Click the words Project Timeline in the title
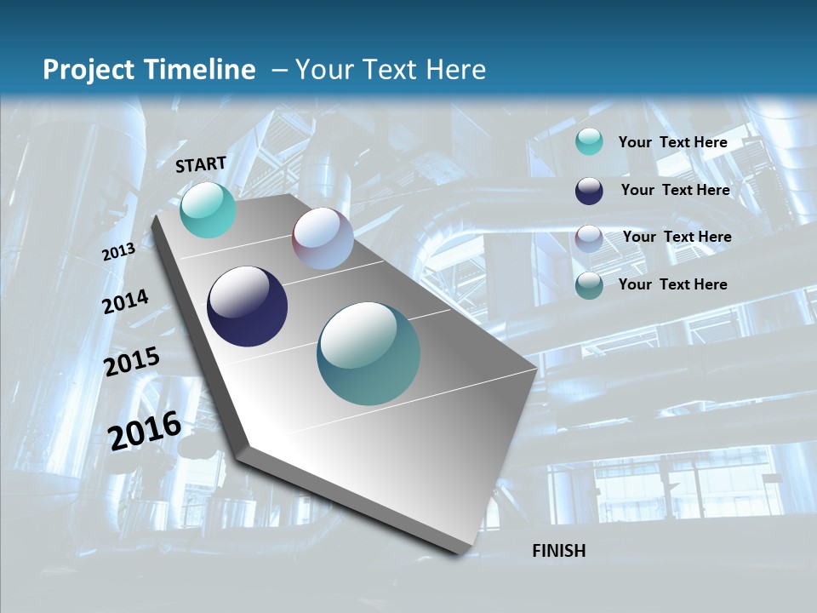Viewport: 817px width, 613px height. point(149,70)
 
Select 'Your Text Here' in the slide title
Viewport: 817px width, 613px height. point(391,70)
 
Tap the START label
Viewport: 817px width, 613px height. point(201,164)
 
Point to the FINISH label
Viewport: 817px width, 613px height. point(559,551)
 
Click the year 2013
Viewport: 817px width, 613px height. point(118,252)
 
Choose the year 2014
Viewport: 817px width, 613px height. point(126,302)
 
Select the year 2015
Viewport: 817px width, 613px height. point(132,362)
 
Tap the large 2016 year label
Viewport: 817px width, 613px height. point(145,430)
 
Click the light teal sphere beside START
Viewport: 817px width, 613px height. point(209,210)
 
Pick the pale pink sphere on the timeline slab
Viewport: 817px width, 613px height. point(323,238)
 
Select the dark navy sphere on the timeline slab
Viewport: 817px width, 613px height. point(248,306)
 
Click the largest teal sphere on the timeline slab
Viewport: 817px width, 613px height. point(369,353)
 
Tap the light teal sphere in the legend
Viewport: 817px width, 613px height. point(589,141)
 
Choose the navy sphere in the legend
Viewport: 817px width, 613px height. point(589,191)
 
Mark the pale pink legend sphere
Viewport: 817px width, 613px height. point(589,238)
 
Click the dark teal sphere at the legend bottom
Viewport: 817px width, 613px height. point(589,286)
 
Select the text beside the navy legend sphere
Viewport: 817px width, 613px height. point(676,190)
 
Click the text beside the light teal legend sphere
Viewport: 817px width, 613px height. point(673,142)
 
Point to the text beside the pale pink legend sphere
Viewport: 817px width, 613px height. point(677,237)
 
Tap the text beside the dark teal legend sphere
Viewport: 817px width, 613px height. point(673,284)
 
